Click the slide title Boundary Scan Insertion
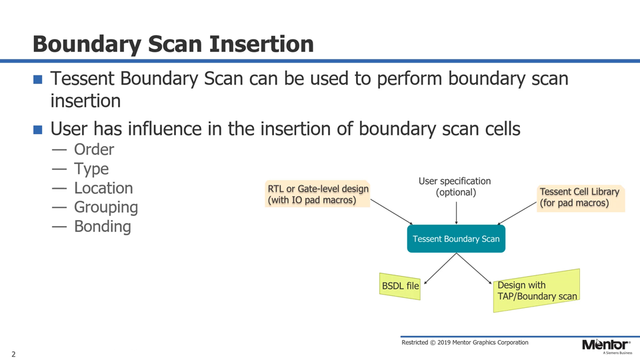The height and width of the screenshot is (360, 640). [173, 44]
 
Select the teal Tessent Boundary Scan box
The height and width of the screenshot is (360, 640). [456, 239]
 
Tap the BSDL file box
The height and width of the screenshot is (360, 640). [400, 286]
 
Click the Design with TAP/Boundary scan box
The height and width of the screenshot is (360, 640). [537, 291]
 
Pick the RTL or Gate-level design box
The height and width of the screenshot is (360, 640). [317, 194]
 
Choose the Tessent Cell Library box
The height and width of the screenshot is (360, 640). [580, 197]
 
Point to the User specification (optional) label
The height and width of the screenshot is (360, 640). [455, 187]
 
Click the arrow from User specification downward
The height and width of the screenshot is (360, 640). [456, 213]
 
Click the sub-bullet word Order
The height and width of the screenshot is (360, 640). [93, 150]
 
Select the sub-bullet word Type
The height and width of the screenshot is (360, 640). [91, 169]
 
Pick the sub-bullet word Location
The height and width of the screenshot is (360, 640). [103, 188]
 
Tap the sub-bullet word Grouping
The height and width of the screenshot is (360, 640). [105, 207]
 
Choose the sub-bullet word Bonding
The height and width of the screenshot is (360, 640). [102, 227]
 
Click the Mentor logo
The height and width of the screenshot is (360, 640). [605, 345]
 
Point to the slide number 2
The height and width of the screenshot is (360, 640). [13, 353]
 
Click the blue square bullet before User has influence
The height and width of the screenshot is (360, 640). [38, 129]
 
